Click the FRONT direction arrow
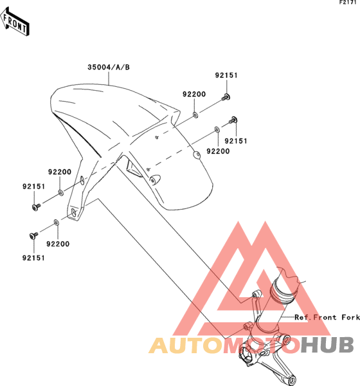[15, 23]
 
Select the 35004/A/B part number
[109, 67]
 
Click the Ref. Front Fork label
[327, 318]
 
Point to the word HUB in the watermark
[327, 345]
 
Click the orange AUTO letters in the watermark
[186, 345]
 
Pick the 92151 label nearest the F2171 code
[226, 75]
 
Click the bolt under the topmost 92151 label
[226, 97]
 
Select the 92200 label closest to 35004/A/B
[194, 94]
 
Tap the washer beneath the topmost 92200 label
[195, 115]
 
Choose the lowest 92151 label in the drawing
[33, 258]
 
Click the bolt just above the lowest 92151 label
[33, 235]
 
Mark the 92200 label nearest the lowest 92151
[58, 244]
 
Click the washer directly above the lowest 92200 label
[57, 223]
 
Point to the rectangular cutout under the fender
[134, 168]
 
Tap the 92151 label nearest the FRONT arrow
[33, 187]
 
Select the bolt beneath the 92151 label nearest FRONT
[36, 207]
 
